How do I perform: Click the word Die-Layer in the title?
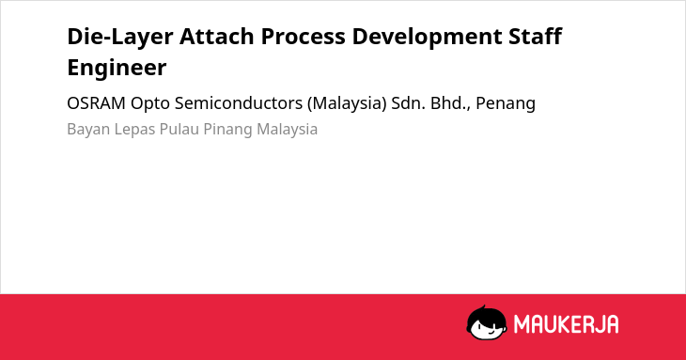(120, 37)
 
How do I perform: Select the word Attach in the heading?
(216, 36)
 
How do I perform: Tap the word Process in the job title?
(304, 37)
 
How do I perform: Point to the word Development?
(427, 38)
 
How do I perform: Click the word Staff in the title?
(535, 36)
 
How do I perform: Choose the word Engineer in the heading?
(117, 69)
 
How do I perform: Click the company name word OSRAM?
(96, 103)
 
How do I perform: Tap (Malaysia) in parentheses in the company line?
(347, 103)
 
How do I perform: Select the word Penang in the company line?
(506, 104)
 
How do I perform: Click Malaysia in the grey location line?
(287, 130)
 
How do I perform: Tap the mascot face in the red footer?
(487, 322)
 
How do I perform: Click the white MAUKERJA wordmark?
(566, 324)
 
